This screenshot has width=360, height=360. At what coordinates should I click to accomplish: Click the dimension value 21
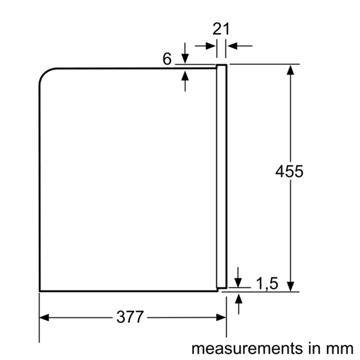pos(221,29)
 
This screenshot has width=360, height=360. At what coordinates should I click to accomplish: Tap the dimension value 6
pos(167,59)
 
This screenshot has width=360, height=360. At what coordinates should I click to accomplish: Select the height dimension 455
pos(289,171)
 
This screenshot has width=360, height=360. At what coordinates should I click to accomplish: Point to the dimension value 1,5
pos(267,283)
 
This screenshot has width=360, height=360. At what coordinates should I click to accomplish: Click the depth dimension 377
pos(130,317)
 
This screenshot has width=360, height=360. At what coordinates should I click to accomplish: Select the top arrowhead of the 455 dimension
pos(290,70)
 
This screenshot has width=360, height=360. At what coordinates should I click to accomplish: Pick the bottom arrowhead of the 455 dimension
pos(290,287)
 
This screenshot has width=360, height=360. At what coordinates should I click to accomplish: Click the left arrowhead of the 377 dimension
pos(44,318)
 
